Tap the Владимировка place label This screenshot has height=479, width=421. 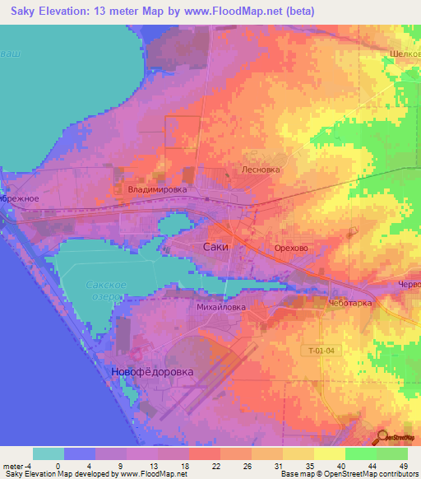(x=157, y=189)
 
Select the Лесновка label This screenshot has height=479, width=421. (x=261, y=170)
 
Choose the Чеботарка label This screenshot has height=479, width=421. (x=350, y=303)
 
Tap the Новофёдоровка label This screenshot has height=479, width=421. (x=152, y=372)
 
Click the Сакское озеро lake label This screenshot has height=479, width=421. (x=106, y=291)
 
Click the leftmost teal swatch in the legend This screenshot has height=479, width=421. (x=49, y=453)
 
